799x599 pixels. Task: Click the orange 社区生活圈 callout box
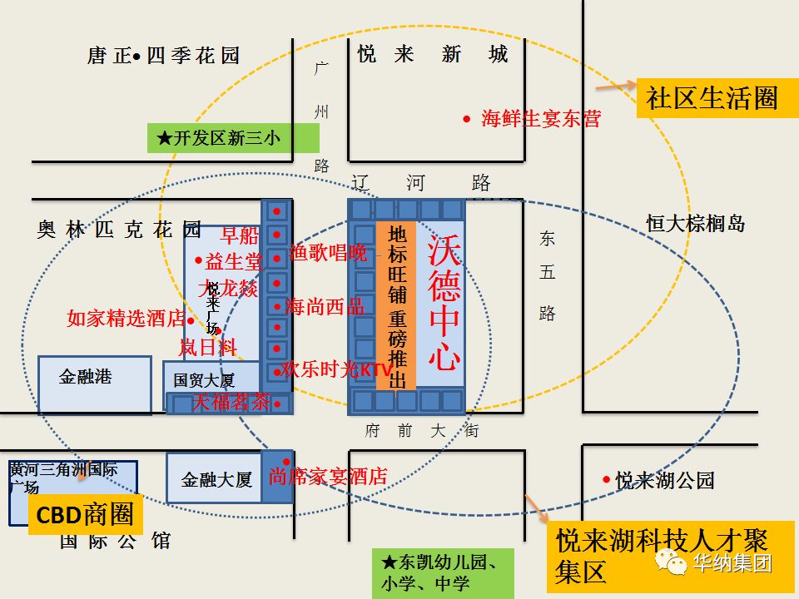coord(712,98)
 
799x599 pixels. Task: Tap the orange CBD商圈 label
coord(85,515)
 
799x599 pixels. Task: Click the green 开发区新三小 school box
coord(221,138)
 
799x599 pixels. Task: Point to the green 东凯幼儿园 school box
coord(443,572)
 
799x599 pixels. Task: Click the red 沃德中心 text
coord(444,304)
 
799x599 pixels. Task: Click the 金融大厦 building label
coord(216,479)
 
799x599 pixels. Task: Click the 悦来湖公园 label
coord(664,480)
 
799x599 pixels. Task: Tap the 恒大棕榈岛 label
coord(696,223)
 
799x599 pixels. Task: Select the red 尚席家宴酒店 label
coord(328,477)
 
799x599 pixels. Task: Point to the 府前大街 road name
coord(421,431)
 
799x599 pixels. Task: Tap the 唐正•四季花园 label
coord(163,56)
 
